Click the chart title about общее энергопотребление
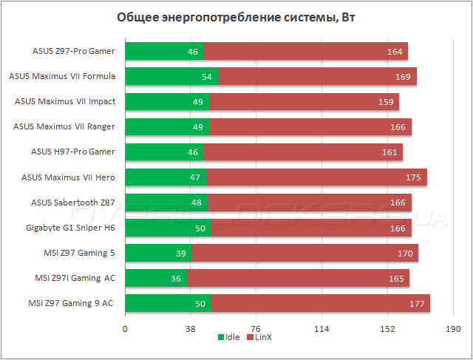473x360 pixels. point(236,18)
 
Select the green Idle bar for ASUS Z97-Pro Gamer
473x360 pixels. point(164,52)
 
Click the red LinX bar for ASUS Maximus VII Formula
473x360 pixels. point(317,77)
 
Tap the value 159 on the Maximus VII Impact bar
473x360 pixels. point(385,102)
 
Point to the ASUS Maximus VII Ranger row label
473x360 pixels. point(64,126)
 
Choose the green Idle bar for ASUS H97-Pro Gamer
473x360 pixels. point(164,152)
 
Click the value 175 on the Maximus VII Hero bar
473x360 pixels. point(413,177)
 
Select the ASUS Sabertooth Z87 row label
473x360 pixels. point(73,203)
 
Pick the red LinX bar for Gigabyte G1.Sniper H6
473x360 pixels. point(311,228)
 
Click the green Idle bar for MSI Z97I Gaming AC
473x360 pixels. point(156,278)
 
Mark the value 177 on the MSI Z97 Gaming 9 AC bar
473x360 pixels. point(416,303)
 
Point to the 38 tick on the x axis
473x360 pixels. point(191,329)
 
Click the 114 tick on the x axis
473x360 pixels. point(321,329)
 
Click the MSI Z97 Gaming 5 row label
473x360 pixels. point(79,253)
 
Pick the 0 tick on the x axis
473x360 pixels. point(125,329)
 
